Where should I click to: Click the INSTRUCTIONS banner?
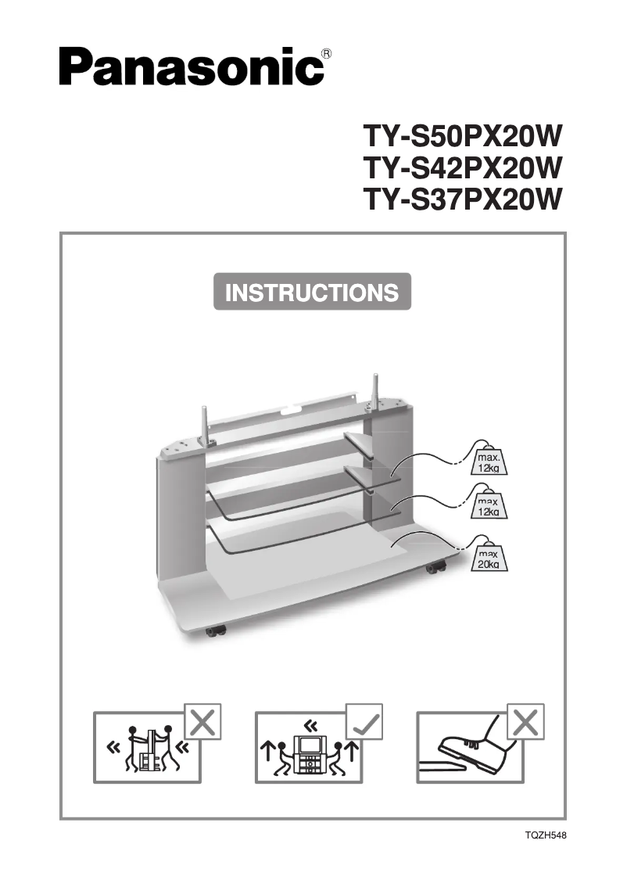(312, 293)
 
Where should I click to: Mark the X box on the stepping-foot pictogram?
(525, 722)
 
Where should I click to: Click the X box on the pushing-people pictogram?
(202, 722)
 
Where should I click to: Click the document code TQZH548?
(545, 835)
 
